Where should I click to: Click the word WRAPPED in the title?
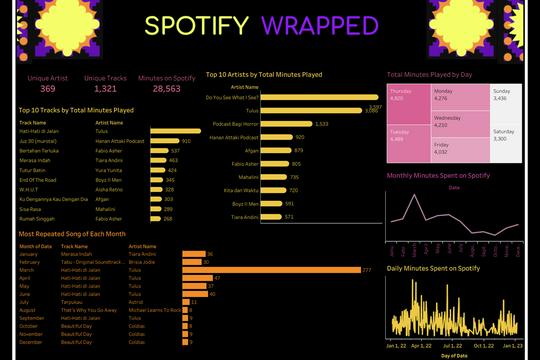point(320,25)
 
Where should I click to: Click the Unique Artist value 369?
point(41,89)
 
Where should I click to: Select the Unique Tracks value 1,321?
point(104,89)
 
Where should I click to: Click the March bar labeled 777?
point(270,269)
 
